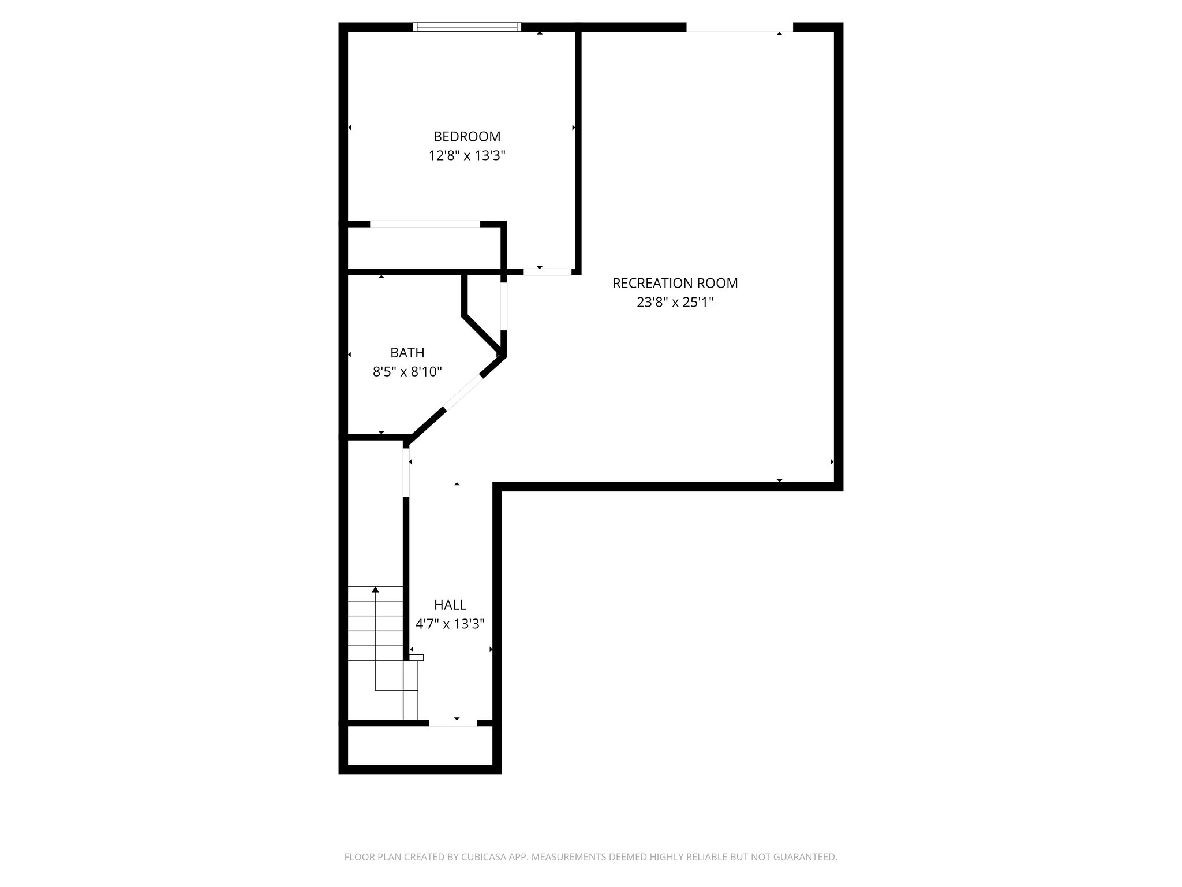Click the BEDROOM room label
click(x=467, y=137)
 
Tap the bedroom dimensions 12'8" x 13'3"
click(x=467, y=156)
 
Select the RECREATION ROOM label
click(x=675, y=284)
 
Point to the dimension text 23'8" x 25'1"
click(x=675, y=303)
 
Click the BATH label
click(x=407, y=353)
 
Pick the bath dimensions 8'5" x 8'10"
click(x=407, y=372)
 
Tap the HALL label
click(x=450, y=605)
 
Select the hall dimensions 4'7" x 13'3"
click(x=450, y=624)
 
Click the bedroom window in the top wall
click(x=467, y=27)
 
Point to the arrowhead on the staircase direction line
click(x=375, y=590)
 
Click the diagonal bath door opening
click(x=462, y=392)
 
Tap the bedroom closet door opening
click(x=425, y=224)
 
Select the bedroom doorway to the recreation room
click(x=547, y=271)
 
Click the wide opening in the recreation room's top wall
click(x=739, y=27)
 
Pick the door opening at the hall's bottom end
click(x=452, y=723)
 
